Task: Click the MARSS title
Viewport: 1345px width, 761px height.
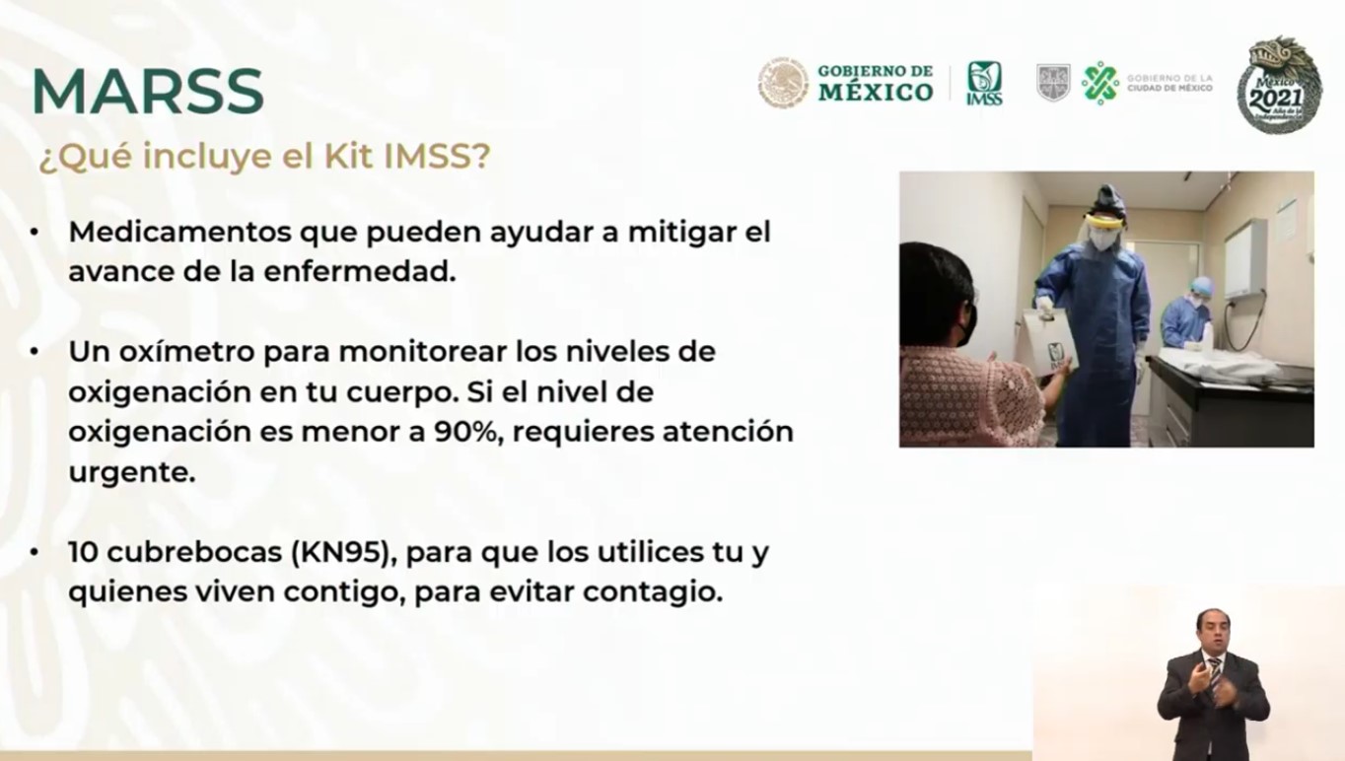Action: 148,91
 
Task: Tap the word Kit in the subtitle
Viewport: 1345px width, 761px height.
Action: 349,156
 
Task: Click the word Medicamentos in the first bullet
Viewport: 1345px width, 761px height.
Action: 179,232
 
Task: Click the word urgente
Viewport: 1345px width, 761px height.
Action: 132,473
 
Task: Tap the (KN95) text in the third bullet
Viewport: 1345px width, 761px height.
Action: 343,552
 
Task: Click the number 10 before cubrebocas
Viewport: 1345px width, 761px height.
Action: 84,552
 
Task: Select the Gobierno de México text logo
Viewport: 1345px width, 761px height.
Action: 876,83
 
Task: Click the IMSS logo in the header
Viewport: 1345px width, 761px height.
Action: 983,83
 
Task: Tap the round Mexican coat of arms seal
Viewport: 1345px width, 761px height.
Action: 783,83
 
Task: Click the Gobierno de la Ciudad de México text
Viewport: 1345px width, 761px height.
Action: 1169,83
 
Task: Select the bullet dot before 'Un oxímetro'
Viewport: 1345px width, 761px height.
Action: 35,352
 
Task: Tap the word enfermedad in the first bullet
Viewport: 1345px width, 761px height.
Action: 359,271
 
